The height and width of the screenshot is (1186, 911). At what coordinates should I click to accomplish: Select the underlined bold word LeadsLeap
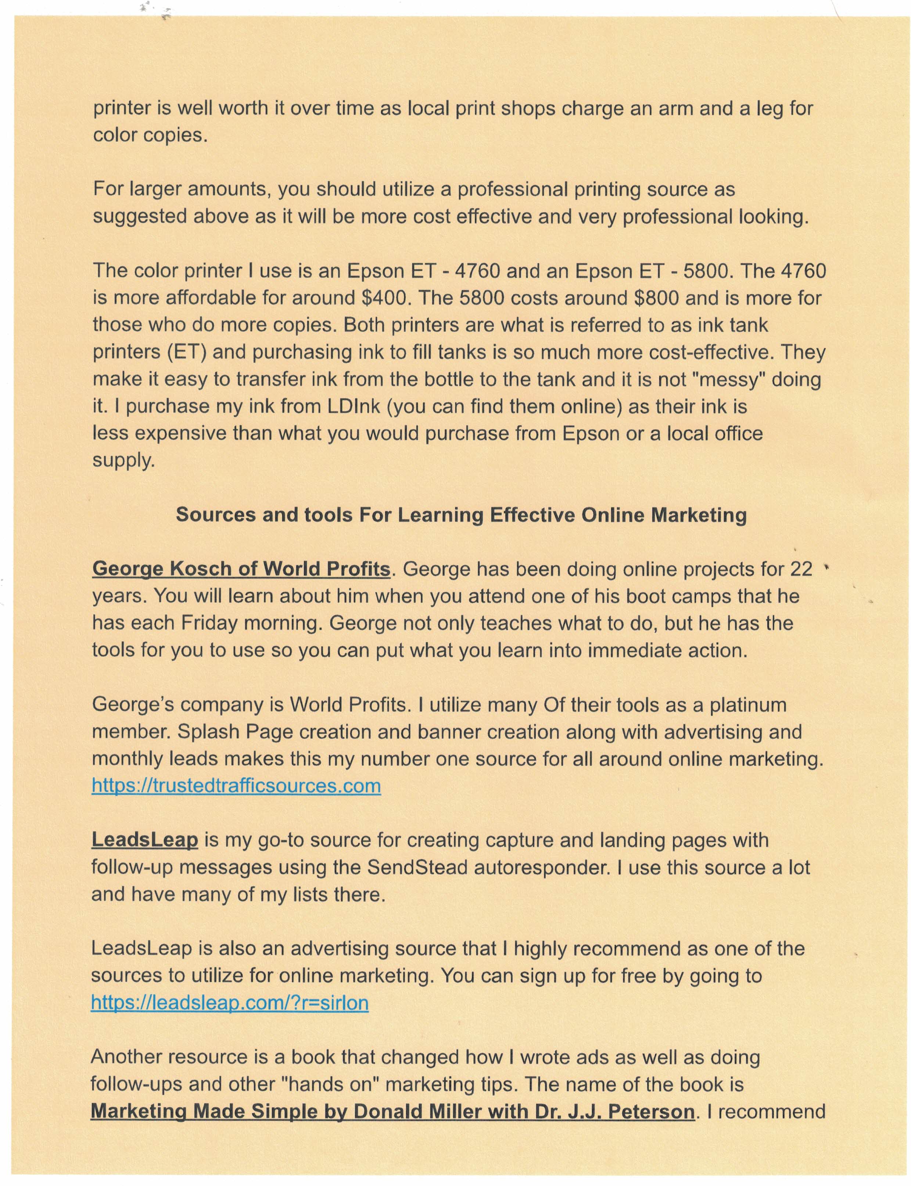click(x=144, y=840)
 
